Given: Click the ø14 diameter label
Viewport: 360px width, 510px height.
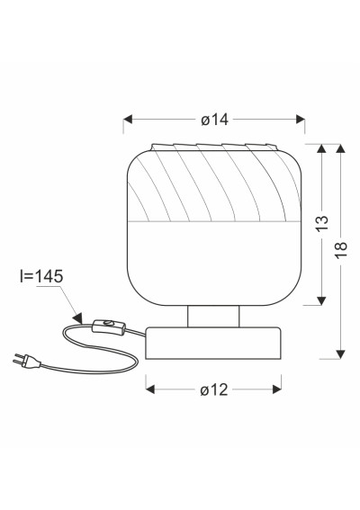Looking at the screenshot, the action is click(x=214, y=120).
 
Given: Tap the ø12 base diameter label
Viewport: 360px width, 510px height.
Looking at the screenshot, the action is click(x=214, y=389).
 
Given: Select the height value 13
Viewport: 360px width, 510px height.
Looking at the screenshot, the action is click(x=322, y=223).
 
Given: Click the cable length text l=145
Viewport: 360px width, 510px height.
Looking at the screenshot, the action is click(x=41, y=276).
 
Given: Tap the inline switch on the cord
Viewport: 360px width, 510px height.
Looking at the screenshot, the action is click(x=109, y=327).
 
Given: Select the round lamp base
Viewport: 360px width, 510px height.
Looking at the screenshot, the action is click(x=213, y=343).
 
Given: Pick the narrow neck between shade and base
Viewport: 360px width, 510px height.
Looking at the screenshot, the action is click(x=213, y=316).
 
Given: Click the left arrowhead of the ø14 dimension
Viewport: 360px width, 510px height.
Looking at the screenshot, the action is click(x=128, y=120).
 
